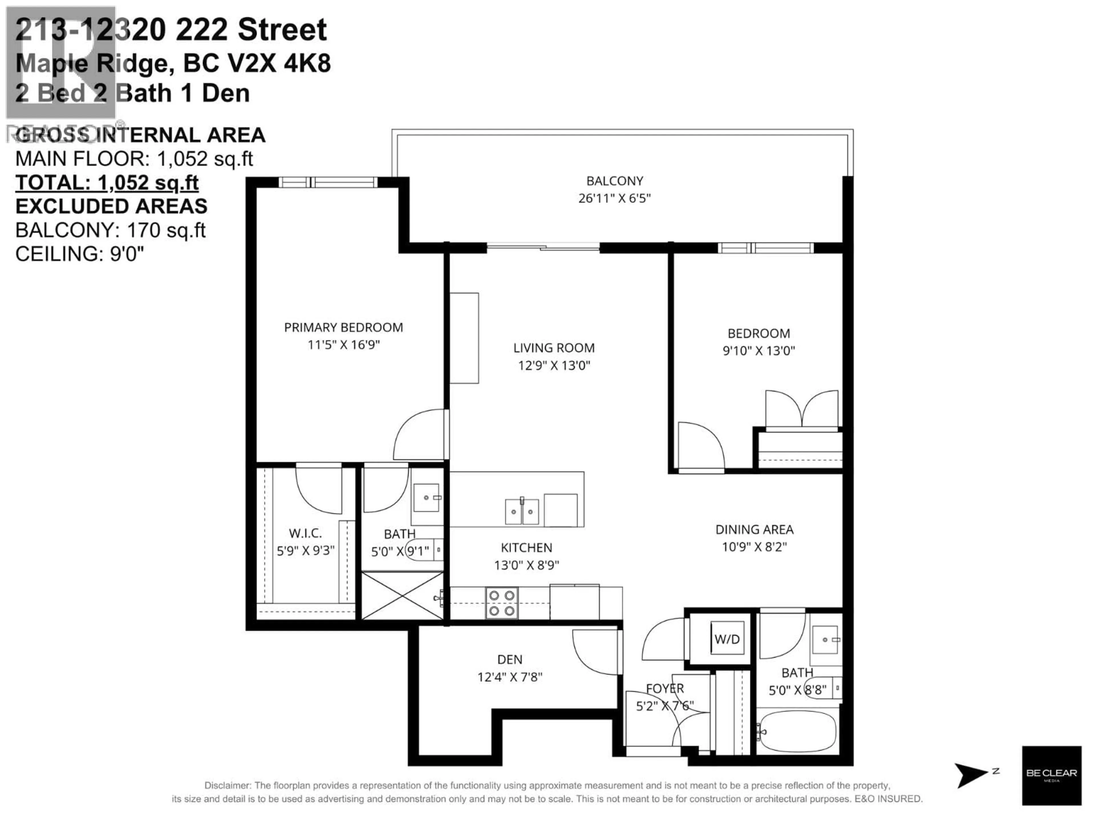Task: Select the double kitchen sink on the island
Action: [x=522, y=512]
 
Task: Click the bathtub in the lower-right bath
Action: [x=797, y=731]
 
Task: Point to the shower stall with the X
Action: [x=402, y=595]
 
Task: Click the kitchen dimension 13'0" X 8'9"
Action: [x=526, y=565]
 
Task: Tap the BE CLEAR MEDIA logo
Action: [x=1051, y=775]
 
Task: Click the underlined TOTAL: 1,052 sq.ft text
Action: [x=107, y=183]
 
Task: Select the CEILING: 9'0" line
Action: [x=80, y=254]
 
